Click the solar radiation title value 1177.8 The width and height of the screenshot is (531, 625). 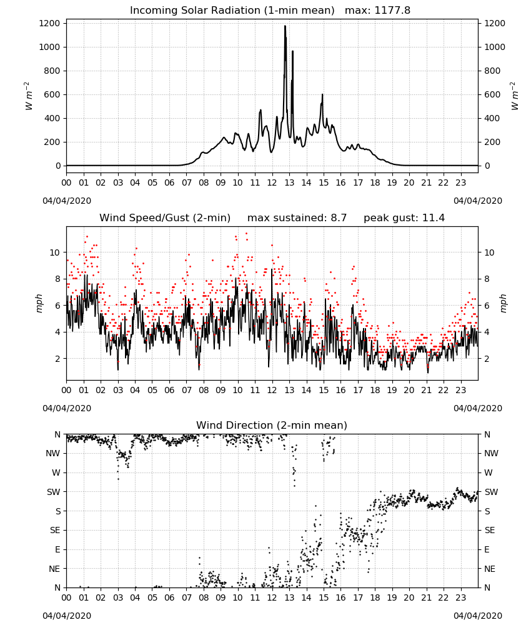pyautogui.click(x=392, y=10)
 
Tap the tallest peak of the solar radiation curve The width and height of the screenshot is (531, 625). pyautogui.click(x=285, y=26)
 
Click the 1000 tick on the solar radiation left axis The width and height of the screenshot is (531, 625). pyautogui.click(x=50, y=47)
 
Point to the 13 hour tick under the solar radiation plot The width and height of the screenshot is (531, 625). pyautogui.click(x=289, y=182)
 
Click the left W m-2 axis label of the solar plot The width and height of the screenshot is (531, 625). pyautogui.click(x=29, y=96)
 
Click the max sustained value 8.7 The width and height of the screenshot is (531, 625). pyautogui.click(x=339, y=217)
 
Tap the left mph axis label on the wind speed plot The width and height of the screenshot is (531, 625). pyautogui.click(x=39, y=303)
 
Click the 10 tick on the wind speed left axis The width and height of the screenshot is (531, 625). pyautogui.click(x=55, y=252)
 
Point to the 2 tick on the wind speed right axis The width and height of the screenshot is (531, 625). pyautogui.click(x=487, y=359)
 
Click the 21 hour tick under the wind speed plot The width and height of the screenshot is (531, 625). pyautogui.click(x=426, y=390)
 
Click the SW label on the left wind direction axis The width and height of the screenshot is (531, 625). pyautogui.click(x=54, y=492)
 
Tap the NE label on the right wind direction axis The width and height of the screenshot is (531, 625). pyautogui.click(x=490, y=569)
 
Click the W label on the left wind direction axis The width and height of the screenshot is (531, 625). pyautogui.click(x=56, y=472)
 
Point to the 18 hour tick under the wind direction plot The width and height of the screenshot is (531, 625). pyautogui.click(x=375, y=597)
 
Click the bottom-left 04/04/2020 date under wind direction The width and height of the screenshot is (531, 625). pyautogui.click(x=67, y=616)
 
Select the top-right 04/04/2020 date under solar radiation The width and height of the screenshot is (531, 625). pyautogui.click(x=478, y=201)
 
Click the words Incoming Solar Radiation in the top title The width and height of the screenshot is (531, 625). pyautogui.click(x=195, y=10)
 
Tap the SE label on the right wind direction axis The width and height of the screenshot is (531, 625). pyautogui.click(x=490, y=530)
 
